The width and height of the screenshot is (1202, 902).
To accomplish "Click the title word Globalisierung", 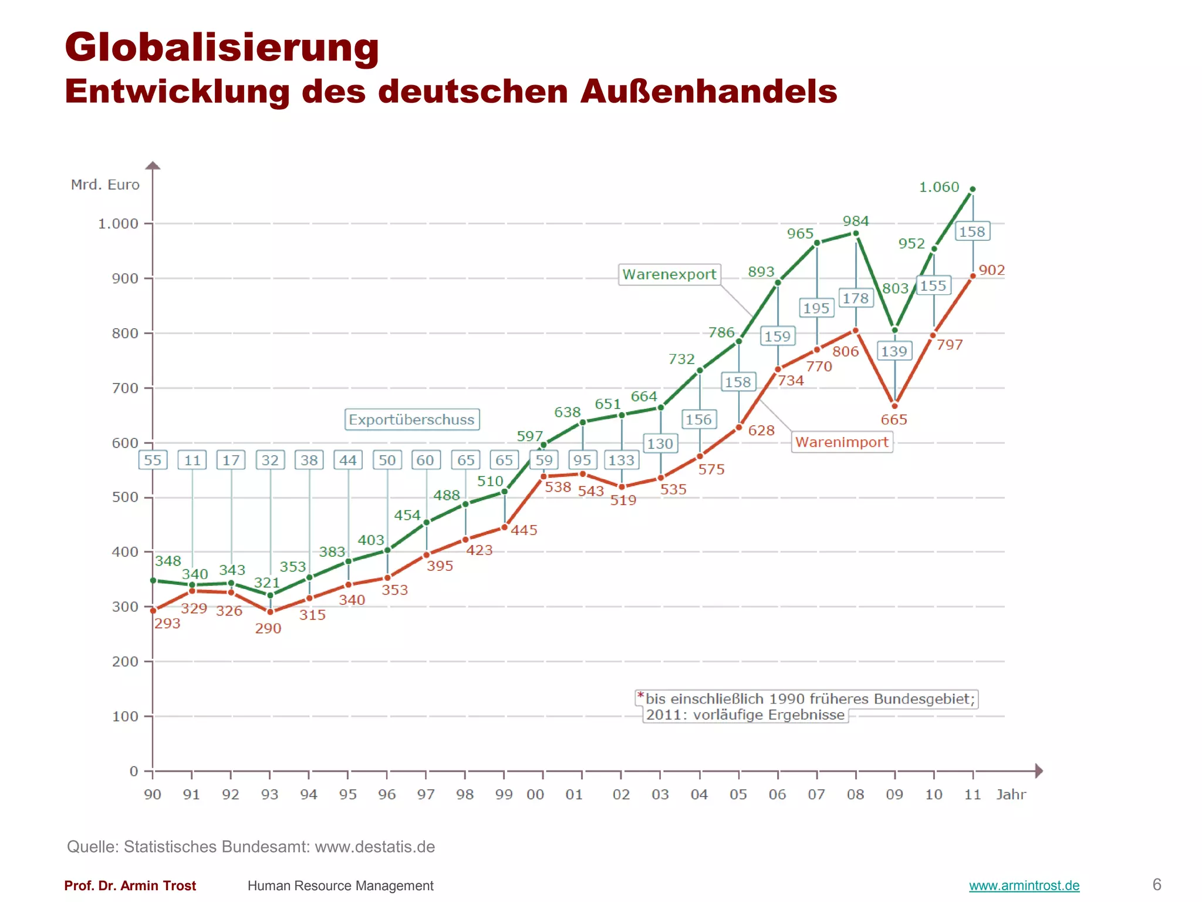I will click(222, 47).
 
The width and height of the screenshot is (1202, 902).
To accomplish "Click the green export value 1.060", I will click(938, 187).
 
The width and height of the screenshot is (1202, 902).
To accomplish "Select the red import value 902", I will click(991, 270).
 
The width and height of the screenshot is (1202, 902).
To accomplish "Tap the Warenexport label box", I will click(669, 274).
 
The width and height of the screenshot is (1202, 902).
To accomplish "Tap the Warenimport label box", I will click(842, 442).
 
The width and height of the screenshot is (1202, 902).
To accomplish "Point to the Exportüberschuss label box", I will click(411, 420).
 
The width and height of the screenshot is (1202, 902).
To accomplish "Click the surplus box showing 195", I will click(816, 308).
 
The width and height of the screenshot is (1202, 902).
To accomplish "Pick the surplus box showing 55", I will click(153, 460).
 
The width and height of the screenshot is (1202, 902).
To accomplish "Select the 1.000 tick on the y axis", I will click(118, 224).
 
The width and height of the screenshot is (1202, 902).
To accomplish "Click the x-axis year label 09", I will click(894, 795).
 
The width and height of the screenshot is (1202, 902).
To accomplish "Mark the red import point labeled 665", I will click(894, 406).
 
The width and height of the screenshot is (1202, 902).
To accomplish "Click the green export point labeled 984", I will click(856, 234).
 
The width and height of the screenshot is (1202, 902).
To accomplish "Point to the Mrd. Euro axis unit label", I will click(105, 185).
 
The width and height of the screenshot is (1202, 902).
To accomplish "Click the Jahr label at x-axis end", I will click(1011, 795).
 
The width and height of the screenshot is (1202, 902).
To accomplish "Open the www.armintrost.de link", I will click(1024, 886).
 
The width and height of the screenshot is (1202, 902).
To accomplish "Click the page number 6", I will click(1157, 884).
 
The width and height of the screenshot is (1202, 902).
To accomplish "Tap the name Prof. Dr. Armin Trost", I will click(130, 886).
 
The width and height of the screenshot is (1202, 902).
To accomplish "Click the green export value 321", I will click(266, 583).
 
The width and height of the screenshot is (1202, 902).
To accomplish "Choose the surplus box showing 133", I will click(621, 460).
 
